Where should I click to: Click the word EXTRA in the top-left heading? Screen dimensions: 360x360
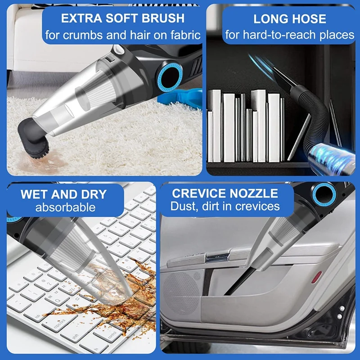tap(77, 18)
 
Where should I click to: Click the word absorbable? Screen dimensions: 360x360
tap(66, 207)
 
